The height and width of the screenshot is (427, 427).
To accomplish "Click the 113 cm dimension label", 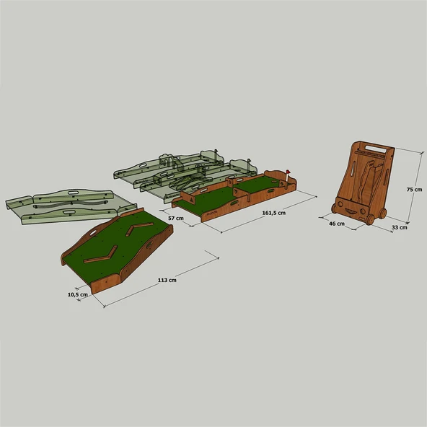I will [166, 281].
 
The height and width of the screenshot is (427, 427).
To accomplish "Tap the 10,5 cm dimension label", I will [79, 294].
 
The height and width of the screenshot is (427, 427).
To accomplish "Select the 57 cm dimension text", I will [175, 217].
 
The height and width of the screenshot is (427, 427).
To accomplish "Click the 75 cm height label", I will [414, 189].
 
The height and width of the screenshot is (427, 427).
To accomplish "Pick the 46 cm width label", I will [336, 224].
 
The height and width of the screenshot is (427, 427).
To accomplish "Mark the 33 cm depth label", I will [399, 228].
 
